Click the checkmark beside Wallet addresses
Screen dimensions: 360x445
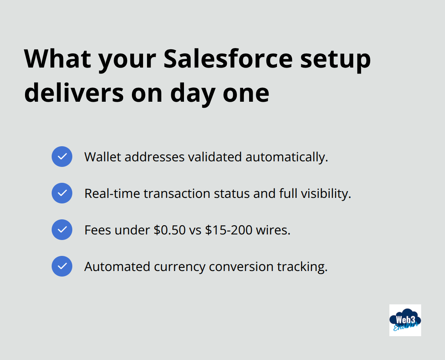[x=62, y=157]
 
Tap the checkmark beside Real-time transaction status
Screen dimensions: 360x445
[x=62, y=193]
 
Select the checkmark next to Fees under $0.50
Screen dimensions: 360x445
[x=62, y=230]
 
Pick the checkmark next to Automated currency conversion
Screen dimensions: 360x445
[x=62, y=266]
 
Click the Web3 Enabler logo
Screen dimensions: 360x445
[x=405, y=320]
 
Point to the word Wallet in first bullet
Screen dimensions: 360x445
[x=103, y=157]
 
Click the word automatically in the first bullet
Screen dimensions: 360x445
[x=286, y=157]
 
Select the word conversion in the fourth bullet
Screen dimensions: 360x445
[x=242, y=267]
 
